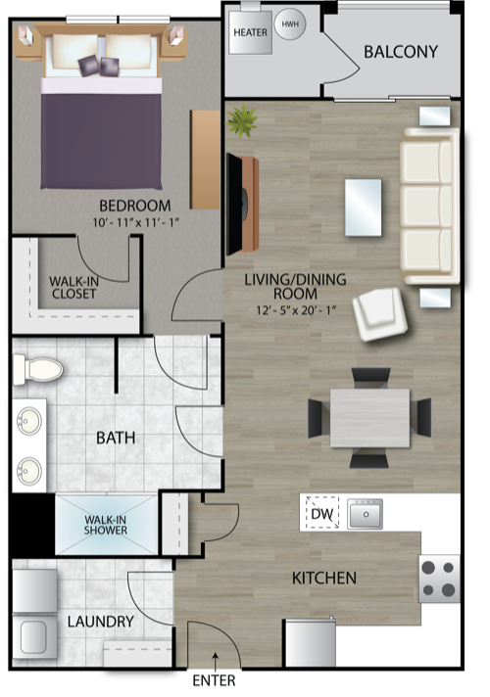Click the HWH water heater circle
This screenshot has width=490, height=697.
click(x=290, y=24)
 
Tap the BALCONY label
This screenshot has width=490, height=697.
click(x=401, y=52)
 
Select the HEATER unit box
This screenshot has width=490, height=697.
click(x=250, y=32)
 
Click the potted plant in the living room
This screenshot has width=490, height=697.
click(x=242, y=120)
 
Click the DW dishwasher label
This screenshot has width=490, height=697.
click(x=321, y=514)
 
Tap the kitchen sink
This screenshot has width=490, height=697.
click(x=366, y=514)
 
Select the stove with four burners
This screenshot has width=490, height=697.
click(x=439, y=579)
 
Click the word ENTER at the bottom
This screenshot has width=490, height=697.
click(x=214, y=680)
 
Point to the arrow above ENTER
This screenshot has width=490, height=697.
click(x=216, y=662)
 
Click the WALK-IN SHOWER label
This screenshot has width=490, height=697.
click(x=106, y=525)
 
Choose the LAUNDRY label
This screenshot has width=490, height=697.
click(x=101, y=622)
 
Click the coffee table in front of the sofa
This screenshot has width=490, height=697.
click(x=364, y=208)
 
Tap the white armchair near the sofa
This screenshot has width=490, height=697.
click(x=380, y=314)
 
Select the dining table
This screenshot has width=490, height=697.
click(x=369, y=418)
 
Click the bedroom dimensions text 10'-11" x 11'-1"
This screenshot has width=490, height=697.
click(x=135, y=222)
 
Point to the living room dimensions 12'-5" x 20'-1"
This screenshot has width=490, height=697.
click(x=296, y=309)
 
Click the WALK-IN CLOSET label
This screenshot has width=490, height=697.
click(x=73, y=288)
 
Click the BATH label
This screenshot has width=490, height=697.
click(x=116, y=439)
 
